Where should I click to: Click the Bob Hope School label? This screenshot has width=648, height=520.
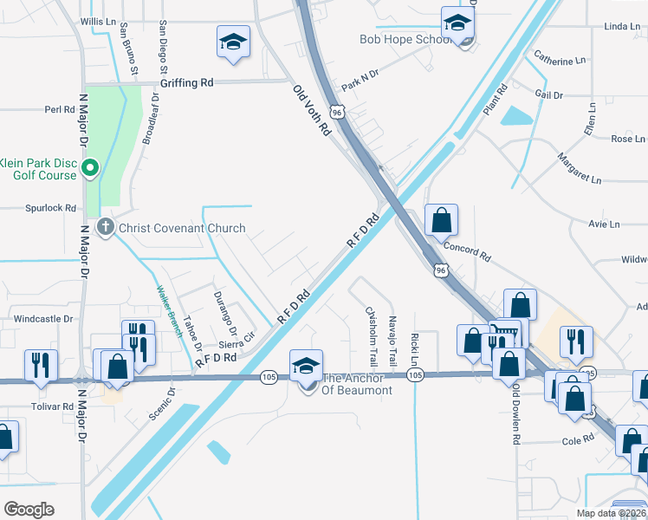pyautogui.click(x=404, y=39)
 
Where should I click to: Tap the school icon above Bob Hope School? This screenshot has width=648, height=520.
pyautogui.click(x=457, y=22)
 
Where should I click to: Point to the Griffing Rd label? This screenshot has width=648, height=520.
pyautogui.click(x=186, y=84)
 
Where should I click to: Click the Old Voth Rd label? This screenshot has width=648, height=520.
pyautogui.click(x=312, y=110)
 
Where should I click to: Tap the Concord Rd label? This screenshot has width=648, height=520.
pyautogui.click(x=468, y=251)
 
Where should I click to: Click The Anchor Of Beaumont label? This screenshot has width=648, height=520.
pyautogui.click(x=357, y=384)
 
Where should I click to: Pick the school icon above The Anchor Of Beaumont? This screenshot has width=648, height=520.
pyautogui.click(x=306, y=365)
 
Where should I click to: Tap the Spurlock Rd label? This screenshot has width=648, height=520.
pyautogui.click(x=51, y=208)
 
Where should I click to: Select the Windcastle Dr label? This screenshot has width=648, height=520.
pyautogui.click(x=43, y=319)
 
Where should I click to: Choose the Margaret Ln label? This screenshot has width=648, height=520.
pyautogui.click(x=579, y=167)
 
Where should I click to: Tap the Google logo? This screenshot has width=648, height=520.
pyautogui.click(x=29, y=509)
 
